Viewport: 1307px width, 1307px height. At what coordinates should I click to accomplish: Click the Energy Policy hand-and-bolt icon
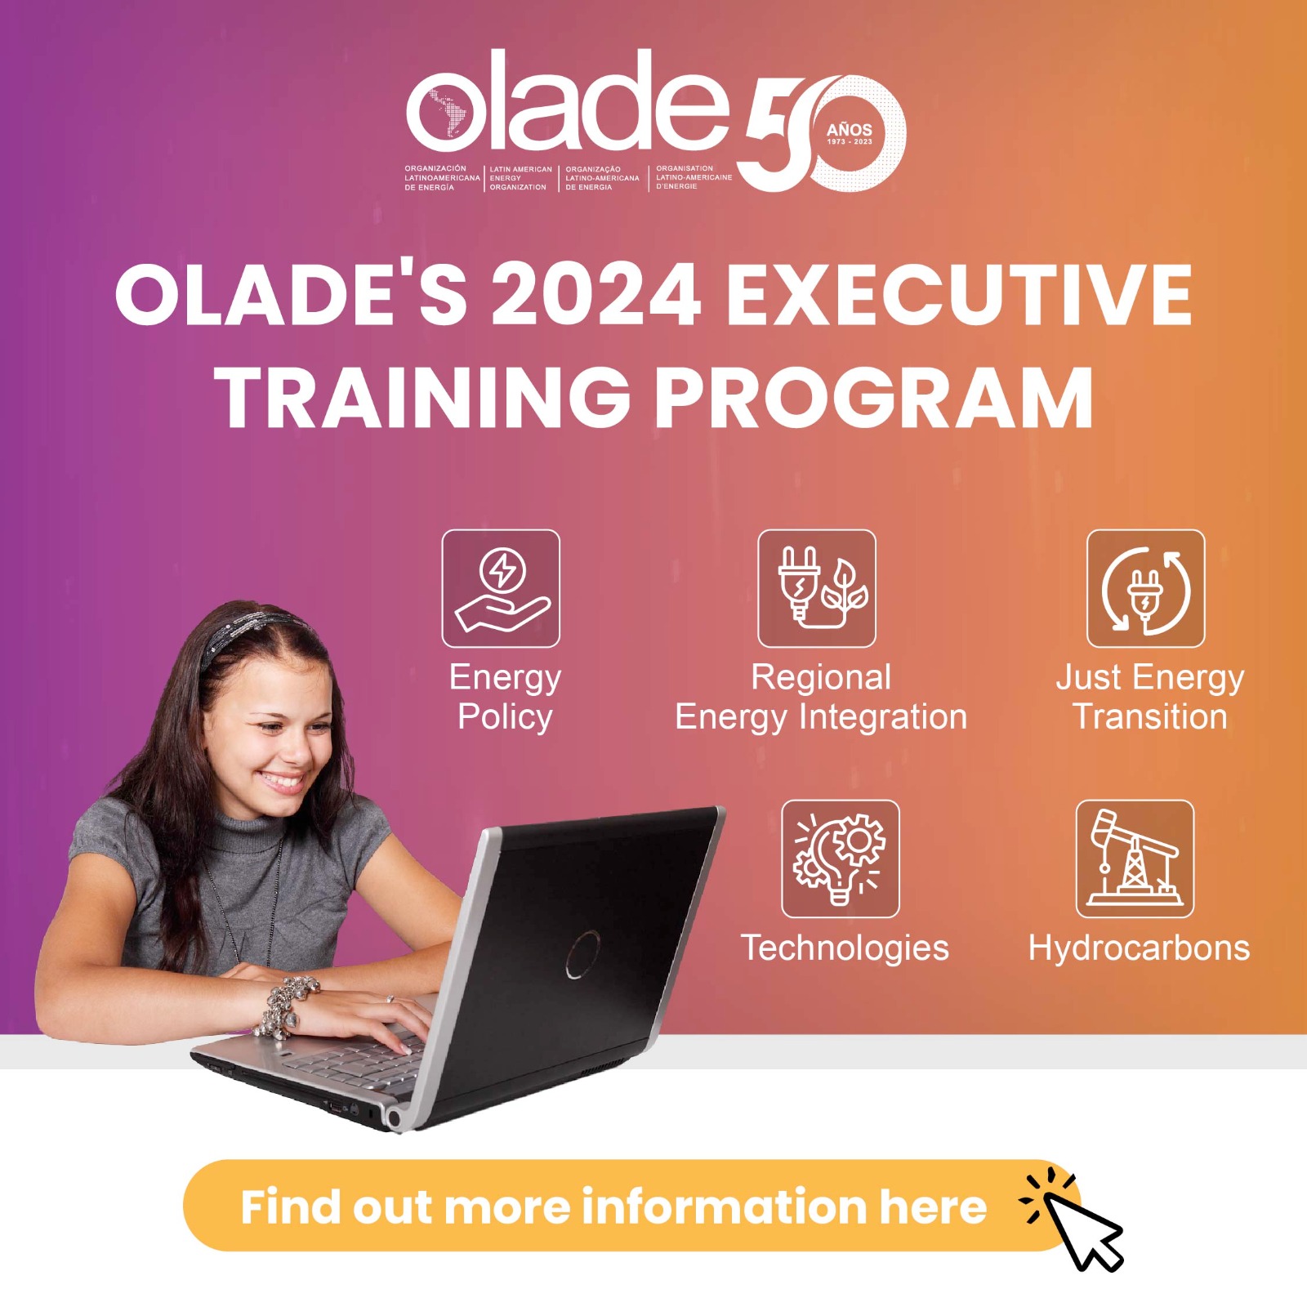click(x=501, y=588)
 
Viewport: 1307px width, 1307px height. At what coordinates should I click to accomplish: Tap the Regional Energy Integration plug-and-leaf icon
click(x=817, y=588)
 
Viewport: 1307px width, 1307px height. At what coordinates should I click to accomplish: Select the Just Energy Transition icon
click(x=1145, y=588)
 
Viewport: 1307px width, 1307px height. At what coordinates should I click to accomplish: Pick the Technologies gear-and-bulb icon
click(x=841, y=859)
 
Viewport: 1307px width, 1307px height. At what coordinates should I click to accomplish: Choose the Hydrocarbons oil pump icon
click(x=1135, y=859)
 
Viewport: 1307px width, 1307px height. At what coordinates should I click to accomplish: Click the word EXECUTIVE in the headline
click(x=959, y=295)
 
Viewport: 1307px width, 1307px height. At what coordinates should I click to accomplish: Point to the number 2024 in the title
click(x=596, y=295)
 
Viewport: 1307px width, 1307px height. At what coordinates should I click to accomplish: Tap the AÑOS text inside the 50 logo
click(x=849, y=130)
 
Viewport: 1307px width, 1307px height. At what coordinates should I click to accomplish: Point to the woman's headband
click(x=249, y=630)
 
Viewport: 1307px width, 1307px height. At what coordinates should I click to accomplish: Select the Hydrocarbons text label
click(x=1139, y=948)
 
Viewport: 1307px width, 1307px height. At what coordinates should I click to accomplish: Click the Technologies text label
click(x=845, y=948)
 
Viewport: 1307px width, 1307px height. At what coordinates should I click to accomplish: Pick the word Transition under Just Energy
click(x=1149, y=717)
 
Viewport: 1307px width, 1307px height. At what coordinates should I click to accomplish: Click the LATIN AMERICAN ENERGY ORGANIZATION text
click(x=520, y=178)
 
